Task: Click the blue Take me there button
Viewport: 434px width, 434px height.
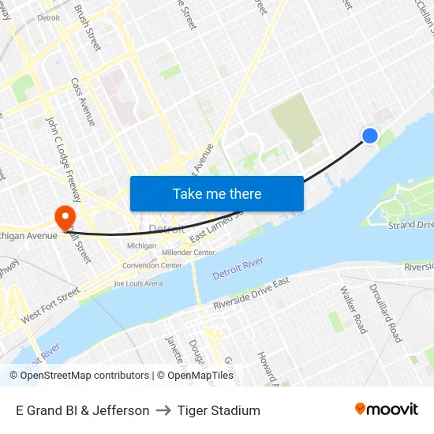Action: coord(217,193)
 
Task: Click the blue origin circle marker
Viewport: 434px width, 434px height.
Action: coord(369,136)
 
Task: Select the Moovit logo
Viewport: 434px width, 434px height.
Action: coord(386,410)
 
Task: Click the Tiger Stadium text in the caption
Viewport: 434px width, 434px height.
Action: coord(219,410)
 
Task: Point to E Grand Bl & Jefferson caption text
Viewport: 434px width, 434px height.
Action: coord(82,410)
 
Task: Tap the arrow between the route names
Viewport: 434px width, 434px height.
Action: coord(163,410)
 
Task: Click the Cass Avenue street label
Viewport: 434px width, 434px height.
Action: coord(83,101)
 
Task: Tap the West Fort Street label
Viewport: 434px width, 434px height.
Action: coord(51,305)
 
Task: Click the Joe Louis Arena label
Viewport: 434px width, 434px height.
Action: coord(138,283)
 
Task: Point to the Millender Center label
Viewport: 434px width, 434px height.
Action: coord(188,253)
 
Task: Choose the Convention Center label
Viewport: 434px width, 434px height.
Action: coord(152,265)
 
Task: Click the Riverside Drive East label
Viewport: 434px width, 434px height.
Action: coord(251,294)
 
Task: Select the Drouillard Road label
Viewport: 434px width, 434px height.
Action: coord(385,312)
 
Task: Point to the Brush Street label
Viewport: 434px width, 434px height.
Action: coord(88,28)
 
